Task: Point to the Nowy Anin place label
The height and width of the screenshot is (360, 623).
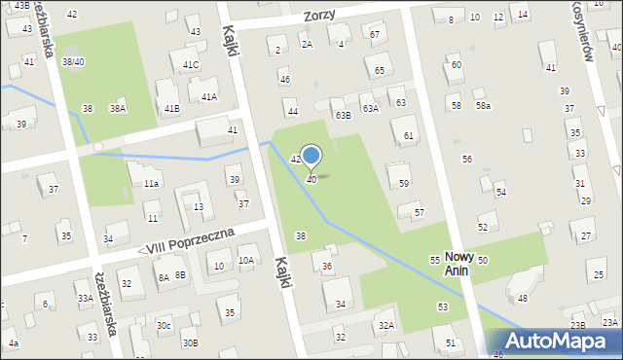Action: tap(458, 263)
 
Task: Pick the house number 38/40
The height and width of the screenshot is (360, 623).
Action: tap(73, 61)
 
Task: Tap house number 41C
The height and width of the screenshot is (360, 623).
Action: tap(191, 65)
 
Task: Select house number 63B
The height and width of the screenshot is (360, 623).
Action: tap(343, 115)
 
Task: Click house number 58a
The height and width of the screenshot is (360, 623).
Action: tap(483, 105)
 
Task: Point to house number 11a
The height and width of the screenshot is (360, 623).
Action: tap(151, 183)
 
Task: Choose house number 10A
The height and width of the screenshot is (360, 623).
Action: tap(246, 260)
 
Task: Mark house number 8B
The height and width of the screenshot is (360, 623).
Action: tap(180, 275)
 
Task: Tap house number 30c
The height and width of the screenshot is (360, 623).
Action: tap(164, 325)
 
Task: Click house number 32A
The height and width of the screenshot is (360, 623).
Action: tap(386, 325)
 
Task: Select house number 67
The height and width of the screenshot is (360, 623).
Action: tap(376, 34)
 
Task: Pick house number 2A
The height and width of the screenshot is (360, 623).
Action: tap(307, 44)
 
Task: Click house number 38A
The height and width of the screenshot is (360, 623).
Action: tap(117, 109)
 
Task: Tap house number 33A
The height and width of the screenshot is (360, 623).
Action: tap(86, 298)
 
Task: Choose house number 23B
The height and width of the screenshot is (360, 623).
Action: tap(578, 325)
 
